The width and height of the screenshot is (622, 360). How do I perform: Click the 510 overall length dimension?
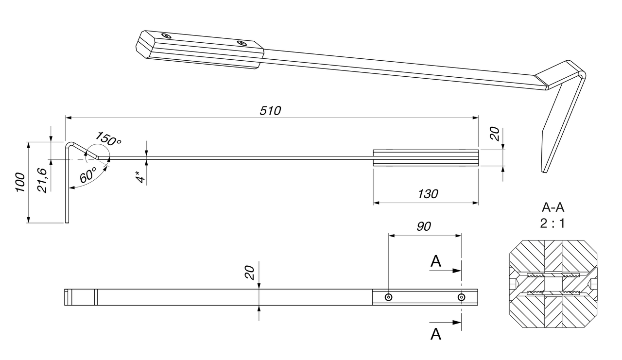tap(270, 111)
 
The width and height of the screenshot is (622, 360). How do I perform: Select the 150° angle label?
tap(108, 138)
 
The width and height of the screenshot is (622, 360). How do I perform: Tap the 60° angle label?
tap(88, 175)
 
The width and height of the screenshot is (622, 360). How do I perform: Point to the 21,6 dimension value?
tap(42, 181)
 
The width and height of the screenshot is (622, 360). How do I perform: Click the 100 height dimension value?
tap(20, 182)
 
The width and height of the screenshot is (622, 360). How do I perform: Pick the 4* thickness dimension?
tap(141, 176)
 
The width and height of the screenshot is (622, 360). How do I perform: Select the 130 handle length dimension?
tap(428, 194)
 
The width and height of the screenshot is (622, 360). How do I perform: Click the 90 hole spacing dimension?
tap(424, 226)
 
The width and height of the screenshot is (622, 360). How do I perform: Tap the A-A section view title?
tap(553, 207)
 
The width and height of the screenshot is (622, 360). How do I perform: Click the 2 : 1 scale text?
tap(553, 223)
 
